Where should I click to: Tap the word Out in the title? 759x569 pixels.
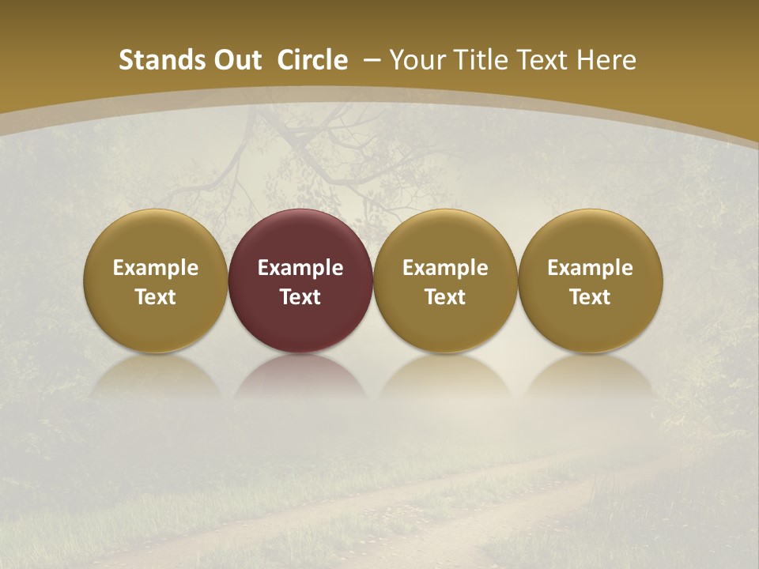pos(236,60)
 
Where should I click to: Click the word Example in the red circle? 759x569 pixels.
pos(300,268)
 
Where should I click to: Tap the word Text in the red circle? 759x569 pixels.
pos(300,297)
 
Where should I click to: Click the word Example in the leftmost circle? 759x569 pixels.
pos(156,268)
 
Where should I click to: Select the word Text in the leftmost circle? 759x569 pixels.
pos(156,297)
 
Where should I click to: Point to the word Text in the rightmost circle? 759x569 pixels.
pos(590,297)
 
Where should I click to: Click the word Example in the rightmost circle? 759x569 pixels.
pos(590,268)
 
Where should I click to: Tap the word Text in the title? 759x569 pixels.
pos(546,60)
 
